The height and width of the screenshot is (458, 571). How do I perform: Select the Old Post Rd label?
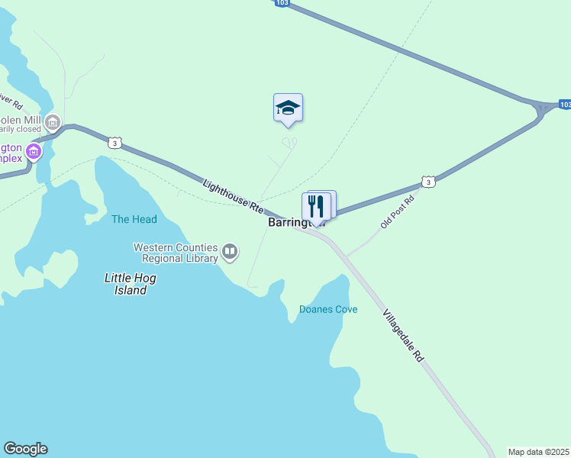click(398, 211)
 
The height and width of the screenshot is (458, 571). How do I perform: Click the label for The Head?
click(134, 220)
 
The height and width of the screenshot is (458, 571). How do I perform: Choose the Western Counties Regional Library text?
click(176, 253)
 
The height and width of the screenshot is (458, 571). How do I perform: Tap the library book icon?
click(230, 251)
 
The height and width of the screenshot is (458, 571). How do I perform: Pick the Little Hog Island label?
click(125, 284)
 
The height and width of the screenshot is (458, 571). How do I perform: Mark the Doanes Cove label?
click(328, 309)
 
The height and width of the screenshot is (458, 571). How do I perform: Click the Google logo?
click(25, 449)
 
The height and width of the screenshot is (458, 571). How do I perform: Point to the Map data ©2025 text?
click(538, 452)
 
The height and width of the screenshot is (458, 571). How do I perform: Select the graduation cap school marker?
click(288, 107)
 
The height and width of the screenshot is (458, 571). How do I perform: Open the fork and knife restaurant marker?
click(316, 206)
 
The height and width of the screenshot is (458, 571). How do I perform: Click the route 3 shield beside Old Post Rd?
click(428, 182)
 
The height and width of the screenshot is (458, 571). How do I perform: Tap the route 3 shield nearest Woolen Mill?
click(114, 143)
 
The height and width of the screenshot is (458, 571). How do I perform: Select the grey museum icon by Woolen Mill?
click(53, 121)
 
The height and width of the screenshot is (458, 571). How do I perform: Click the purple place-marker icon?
click(33, 151)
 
